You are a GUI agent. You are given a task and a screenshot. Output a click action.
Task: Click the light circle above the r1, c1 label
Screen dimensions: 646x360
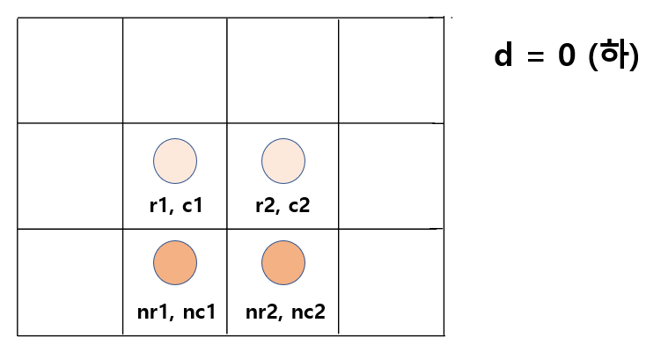click(175, 160)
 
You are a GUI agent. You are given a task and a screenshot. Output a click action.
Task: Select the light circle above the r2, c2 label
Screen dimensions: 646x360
click(283, 160)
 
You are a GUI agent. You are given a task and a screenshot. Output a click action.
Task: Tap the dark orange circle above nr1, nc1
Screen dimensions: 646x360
click(175, 261)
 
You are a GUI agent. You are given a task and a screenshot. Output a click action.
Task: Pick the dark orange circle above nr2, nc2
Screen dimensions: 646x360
click(283, 261)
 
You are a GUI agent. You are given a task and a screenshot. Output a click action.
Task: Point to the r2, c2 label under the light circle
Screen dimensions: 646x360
click(283, 207)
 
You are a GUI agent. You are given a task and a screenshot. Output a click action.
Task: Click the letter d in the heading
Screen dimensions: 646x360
click(503, 56)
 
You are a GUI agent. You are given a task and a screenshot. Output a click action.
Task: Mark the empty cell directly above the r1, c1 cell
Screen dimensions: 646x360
click(174, 70)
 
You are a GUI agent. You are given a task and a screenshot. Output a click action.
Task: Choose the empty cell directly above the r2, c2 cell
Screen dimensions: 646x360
click(283, 70)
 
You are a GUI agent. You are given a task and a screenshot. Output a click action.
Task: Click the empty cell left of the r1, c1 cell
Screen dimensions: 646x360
click(70, 176)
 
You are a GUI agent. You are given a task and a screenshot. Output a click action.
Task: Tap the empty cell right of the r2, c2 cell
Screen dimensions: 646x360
click(390, 176)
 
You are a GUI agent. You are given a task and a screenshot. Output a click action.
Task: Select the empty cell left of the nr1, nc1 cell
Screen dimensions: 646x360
click(70, 282)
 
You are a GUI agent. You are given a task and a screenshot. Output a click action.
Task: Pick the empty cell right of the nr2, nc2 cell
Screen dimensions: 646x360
click(390, 282)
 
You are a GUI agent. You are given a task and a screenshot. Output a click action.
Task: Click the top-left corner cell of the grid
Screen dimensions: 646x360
click(70, 70)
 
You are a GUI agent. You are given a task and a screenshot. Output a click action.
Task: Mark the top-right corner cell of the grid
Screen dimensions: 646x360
click(390, 70)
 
